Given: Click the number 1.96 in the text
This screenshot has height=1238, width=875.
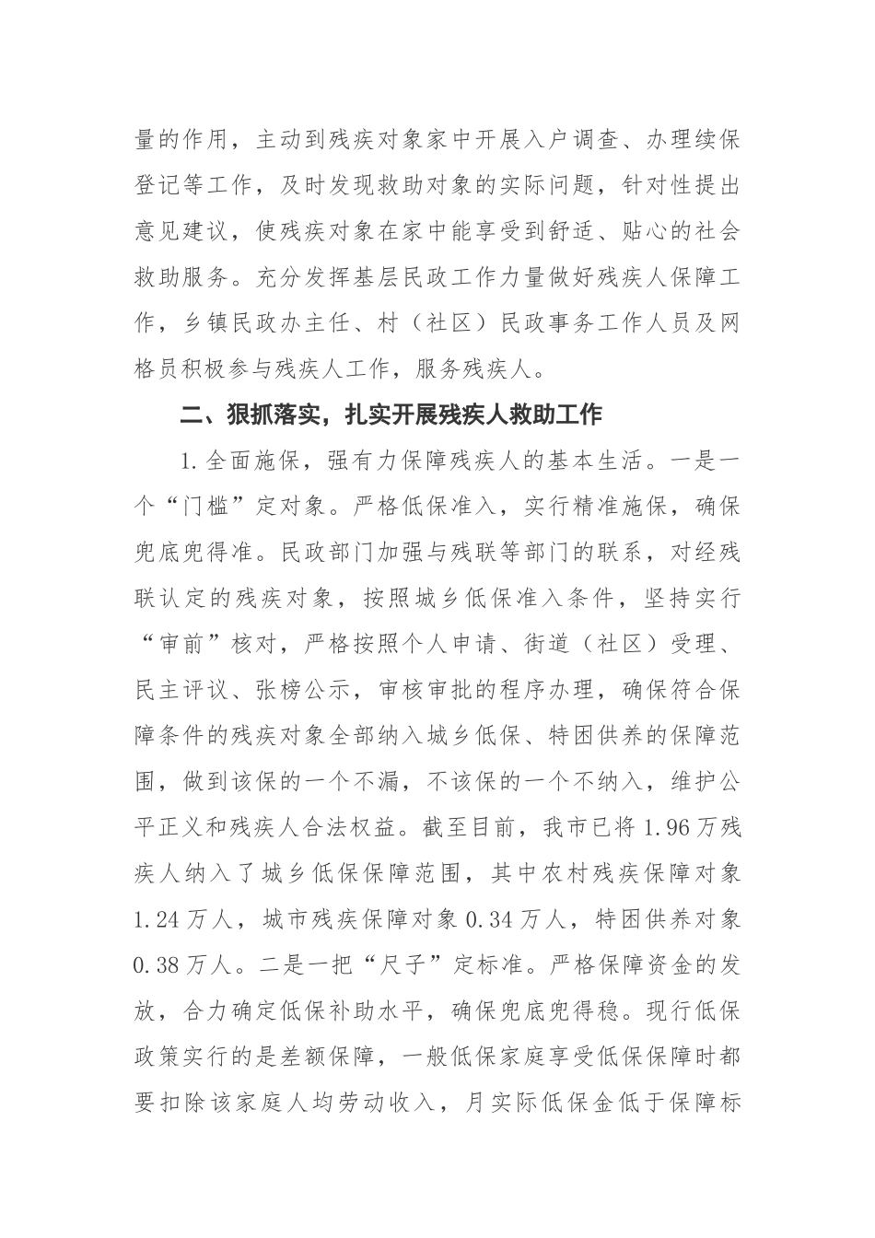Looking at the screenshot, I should pyautogui.click(x=675, y=827).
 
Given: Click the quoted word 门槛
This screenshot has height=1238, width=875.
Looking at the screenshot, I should pyautogui.click(x=219, y=507).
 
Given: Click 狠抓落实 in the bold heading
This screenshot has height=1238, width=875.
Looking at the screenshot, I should pyautogui.click(x=271, y=415).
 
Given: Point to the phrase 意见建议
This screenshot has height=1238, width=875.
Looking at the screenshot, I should pyautogui.click(x=178, y=232).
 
